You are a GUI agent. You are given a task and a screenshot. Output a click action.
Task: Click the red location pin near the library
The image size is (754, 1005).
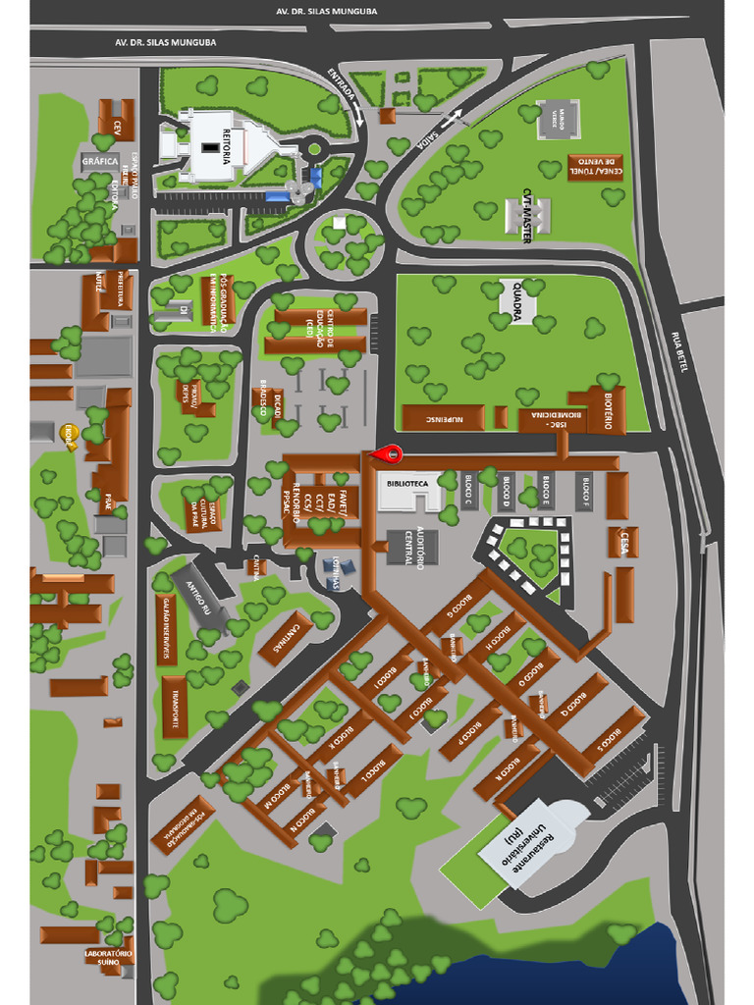click(394, 453)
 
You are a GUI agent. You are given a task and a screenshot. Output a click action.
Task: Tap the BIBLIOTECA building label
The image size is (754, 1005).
click(407, 484)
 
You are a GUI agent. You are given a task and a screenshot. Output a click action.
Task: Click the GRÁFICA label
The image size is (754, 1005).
click(100, 161)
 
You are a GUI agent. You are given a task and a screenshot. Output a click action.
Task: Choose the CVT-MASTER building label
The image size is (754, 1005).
click(527, 215)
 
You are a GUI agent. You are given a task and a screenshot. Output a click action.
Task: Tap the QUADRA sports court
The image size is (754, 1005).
click(517, 300)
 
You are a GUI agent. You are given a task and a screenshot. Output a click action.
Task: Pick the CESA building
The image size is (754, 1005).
click(623, 542)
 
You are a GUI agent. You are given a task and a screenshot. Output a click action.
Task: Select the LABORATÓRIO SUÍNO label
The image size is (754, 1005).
click(108, 957)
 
